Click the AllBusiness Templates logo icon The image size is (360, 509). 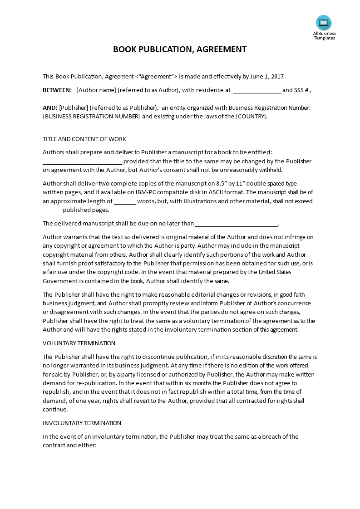[x=324, y=23]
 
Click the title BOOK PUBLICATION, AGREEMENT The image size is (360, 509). [x=180, y=49]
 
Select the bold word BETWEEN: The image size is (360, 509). [x=57, y=90]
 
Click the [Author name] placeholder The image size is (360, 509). [x=96, y=90]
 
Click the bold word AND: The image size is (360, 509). [x=50, y=108]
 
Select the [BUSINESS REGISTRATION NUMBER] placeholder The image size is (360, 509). [x=91, y=117]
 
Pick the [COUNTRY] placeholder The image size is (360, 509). [x=251, y=117]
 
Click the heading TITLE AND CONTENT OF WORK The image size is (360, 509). [x=84, y=139]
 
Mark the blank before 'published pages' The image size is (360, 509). [x=52, y=210]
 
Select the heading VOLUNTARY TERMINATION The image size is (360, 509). [x=79, y=343]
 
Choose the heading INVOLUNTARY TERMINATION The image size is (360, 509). [x=82, y=423]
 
